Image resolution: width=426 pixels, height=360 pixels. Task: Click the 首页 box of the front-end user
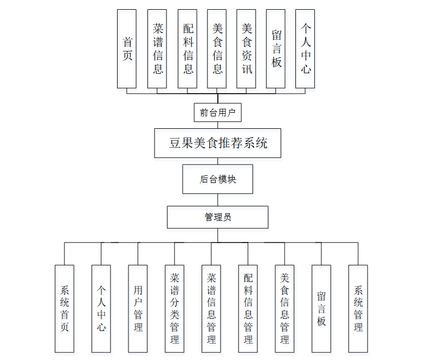click(127, 49)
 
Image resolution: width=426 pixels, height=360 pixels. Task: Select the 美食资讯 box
click(247, 49)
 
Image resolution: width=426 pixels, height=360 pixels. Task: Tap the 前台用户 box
click(217, 113)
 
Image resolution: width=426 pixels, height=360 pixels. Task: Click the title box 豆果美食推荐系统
click(217, 143)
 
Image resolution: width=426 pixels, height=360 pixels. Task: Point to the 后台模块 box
click(217, 179)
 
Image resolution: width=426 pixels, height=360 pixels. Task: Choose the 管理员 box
click(217, 217)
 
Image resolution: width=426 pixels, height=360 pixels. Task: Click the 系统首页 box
click(64, 309)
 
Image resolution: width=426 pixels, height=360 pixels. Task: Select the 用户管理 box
click(138, 309)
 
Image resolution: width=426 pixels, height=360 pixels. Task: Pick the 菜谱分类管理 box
click(175, 309)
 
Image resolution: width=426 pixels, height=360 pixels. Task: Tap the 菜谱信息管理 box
click(211, 309)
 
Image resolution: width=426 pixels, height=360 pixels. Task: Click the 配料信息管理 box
click(248, 309)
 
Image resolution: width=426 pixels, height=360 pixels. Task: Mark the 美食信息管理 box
click(285, 309)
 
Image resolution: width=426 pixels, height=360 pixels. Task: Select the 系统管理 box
click(358, 309)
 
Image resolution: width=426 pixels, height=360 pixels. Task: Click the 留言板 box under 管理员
click(321, 309)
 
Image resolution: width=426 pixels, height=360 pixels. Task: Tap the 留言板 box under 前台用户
click(276, 49)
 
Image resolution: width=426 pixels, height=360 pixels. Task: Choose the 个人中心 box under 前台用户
click(306, 49)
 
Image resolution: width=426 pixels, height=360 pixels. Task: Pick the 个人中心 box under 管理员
click(101, 309)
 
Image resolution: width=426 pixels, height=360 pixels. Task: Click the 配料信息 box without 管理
click(188, 49)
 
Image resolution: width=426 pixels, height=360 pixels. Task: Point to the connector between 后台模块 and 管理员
click(217, 200)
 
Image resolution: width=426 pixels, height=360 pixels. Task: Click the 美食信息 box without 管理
click(217, 49)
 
